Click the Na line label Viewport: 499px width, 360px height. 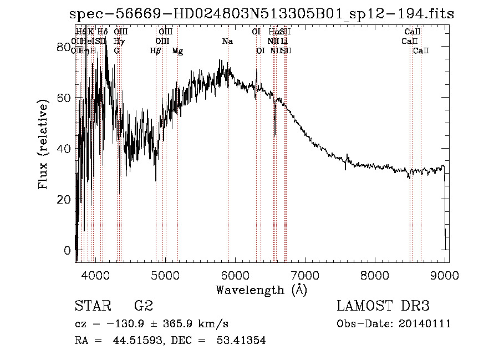point(227,42)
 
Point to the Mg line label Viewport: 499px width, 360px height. point(177,51)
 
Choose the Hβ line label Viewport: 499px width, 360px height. point(156,51)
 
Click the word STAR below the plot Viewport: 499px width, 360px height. point(91,306)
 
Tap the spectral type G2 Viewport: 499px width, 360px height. point(144,306)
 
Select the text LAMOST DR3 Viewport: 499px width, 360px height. point(383,306)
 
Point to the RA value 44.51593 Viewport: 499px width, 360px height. point(133,341)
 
